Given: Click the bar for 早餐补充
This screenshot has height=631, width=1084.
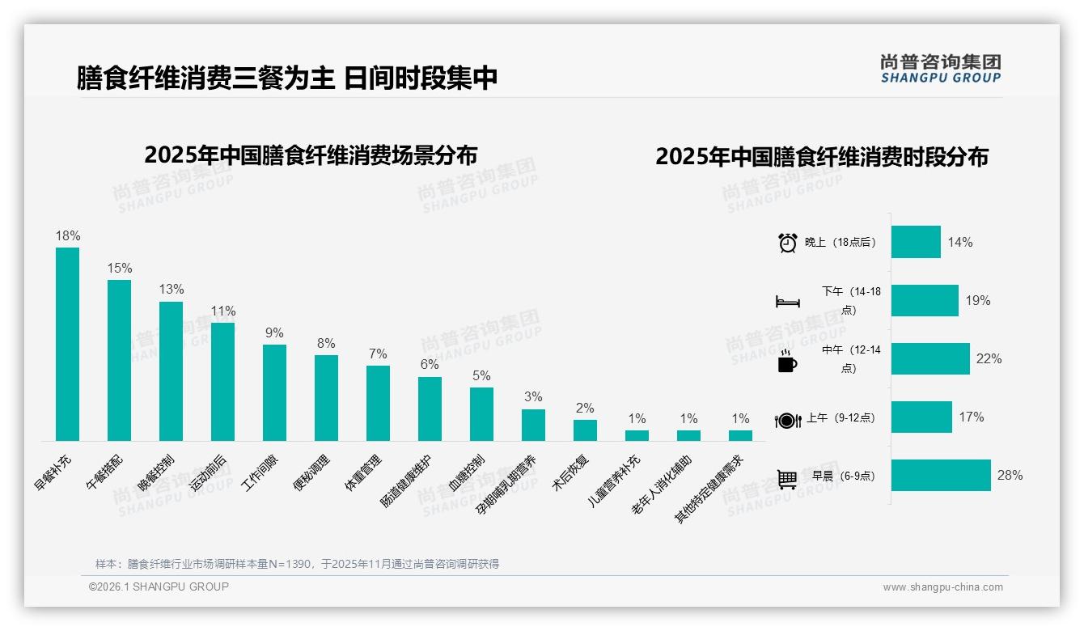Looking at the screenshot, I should click(67, 344).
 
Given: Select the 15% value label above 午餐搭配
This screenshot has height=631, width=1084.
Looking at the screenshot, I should click(120, 269).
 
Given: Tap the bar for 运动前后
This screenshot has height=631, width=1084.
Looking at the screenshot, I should click(222, 382).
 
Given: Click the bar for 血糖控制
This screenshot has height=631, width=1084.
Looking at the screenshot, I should click(481, 414).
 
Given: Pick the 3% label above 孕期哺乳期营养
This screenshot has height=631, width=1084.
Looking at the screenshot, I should click(533, 397).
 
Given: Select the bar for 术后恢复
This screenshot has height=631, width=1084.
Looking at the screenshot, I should click(585, 430).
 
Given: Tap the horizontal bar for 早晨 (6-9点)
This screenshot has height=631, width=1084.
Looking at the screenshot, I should click(941, 475).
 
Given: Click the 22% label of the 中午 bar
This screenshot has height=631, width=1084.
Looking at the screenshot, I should click(989, 359).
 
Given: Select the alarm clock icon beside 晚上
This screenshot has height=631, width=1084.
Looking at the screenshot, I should click(788, 243).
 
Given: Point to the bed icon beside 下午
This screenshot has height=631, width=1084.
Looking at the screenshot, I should click(788, 302).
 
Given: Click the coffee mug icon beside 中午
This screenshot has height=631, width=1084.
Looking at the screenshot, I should click(787, 361).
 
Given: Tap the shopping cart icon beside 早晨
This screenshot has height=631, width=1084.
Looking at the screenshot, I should click(787, 479).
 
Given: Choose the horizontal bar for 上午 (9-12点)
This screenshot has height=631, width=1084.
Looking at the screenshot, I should click(921, 417).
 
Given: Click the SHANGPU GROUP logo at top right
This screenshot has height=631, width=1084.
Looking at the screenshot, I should click(940, 69).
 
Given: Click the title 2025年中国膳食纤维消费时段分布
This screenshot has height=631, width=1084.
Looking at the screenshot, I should click(822, 157).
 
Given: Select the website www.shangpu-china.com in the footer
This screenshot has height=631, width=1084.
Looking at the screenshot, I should click(942, 587).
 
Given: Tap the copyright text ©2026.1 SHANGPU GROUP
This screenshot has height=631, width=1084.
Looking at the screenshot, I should click(159, 587).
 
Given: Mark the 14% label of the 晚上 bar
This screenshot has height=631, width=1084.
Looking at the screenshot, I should click(960, 243).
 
